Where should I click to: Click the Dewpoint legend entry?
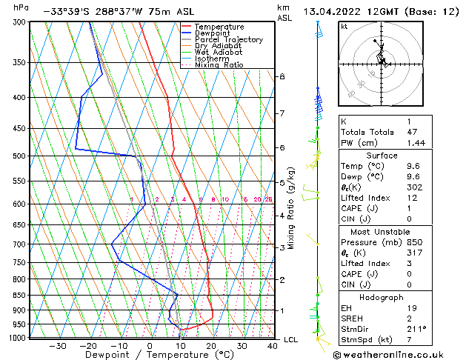click(213, 33)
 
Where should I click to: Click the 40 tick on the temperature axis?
click(273, 345)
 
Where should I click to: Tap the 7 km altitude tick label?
click(282, 113)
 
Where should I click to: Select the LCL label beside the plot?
click(290, 339)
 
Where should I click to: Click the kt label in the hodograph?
click(344, 26)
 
